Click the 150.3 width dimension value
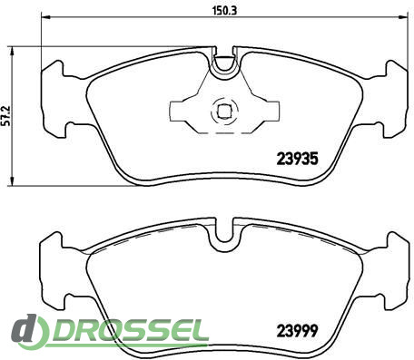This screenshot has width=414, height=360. (x=225, y=11)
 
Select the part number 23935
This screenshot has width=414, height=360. (x=298, y=159)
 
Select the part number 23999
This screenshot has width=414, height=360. (x=298, y=331)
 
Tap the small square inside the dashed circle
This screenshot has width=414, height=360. (x=224, y=112)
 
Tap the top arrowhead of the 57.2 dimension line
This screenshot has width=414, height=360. (x=12, y=52)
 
